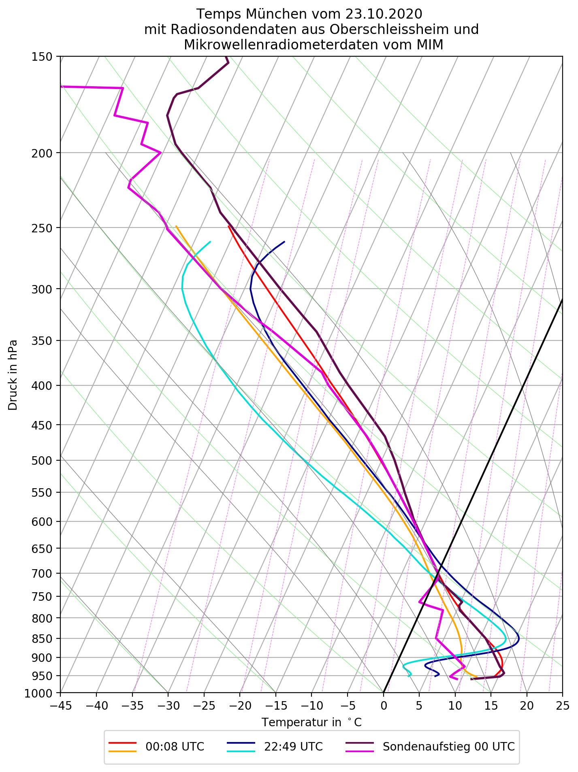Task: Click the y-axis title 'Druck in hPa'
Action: tap(13, 375)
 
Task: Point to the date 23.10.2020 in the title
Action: tap(384, 14)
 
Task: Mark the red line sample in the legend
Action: tap(122, 743)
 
